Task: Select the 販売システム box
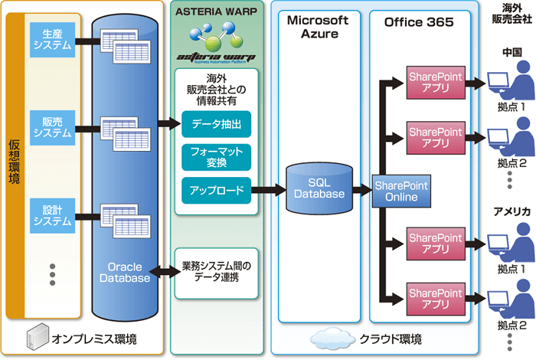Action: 52,126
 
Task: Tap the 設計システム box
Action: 52,214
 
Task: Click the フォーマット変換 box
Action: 215,156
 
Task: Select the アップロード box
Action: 215,190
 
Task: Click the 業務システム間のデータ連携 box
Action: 216,271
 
